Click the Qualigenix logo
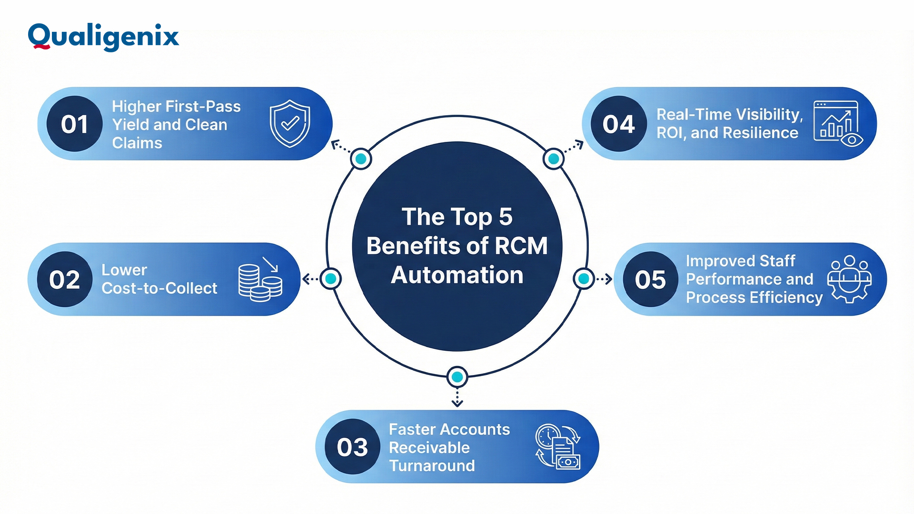103,36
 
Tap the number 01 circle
75,124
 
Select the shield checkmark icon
290,123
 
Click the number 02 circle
65,279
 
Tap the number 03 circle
352,447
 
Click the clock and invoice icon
558,446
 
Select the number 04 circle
618,124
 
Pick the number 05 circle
650,279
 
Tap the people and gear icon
850,279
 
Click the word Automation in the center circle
457,275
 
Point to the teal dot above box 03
457,377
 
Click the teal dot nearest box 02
331,279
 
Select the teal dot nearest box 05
584,279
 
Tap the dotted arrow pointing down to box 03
457,398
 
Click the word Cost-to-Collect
159,288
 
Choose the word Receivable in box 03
429,448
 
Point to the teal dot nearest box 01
361,159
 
